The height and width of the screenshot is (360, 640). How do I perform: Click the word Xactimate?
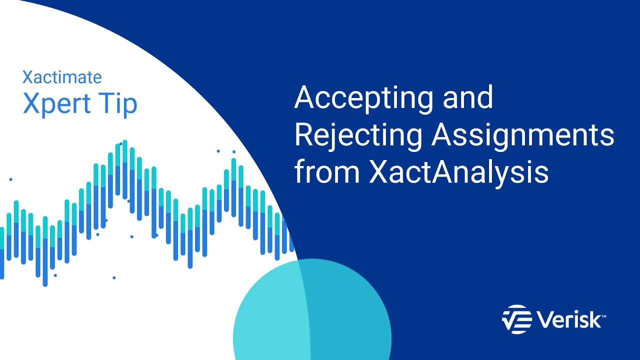click(62, 77)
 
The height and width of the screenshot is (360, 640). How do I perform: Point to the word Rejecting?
click(358, 135)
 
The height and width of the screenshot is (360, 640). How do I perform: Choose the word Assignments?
click(523, 135)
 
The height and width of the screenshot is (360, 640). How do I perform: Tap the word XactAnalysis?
click(458, 172)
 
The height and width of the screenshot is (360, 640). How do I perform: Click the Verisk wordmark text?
click(568, 319)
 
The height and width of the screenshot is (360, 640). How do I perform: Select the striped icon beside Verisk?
click(516, 318)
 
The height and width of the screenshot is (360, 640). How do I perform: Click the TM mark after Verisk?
click(604, 314)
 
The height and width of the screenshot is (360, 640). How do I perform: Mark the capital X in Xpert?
click(31, 104)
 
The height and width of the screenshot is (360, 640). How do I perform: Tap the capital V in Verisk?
click(543, 319)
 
